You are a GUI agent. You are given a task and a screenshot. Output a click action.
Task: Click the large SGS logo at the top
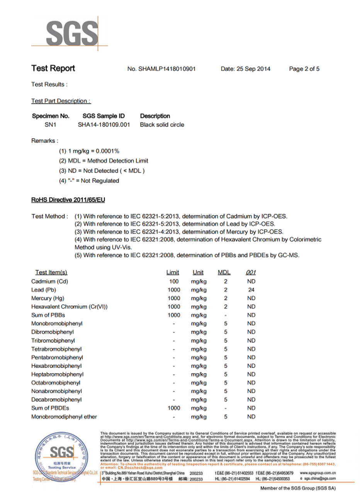(72, 34)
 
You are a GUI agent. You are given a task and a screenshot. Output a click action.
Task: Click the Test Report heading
(53, 69)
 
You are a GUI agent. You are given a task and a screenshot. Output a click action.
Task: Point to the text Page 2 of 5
(304, 69)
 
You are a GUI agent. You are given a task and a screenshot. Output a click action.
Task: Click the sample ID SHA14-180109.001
(104, 125)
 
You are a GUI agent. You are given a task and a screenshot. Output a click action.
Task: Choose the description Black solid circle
(162, 125)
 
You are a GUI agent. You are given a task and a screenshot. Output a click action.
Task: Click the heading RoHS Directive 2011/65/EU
(68, 200)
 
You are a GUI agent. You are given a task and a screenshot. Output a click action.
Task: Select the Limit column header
(172, 273)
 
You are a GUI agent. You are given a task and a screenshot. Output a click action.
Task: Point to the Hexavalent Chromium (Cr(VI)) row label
(69, 307)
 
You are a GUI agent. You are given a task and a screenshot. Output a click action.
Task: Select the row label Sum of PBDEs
(50, 408)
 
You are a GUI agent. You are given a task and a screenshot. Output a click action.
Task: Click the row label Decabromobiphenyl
(56, 400)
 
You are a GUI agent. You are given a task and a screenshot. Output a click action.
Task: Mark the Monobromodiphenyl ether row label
(64, 417)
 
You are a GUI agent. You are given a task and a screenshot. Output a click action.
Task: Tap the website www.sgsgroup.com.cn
(317, 473)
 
